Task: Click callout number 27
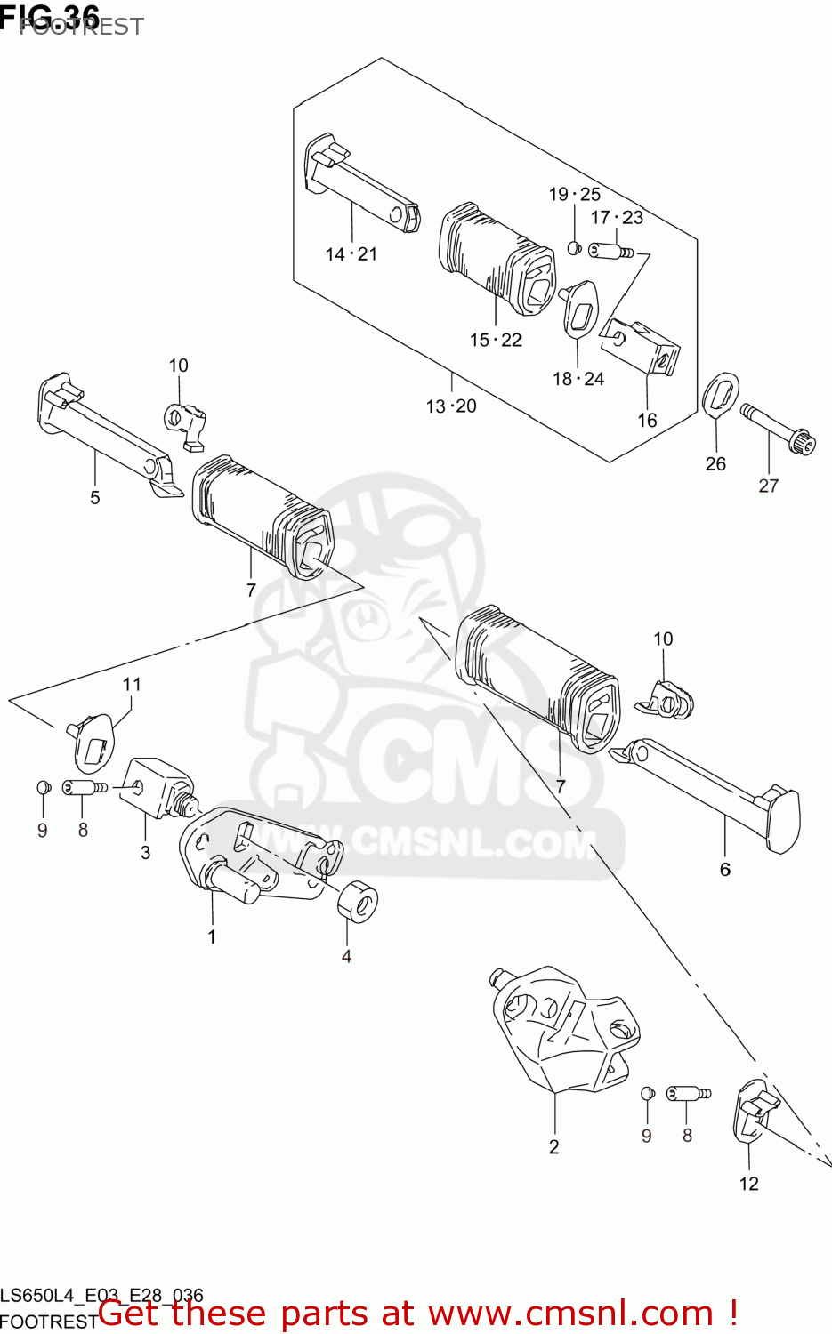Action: (x=768, y=486)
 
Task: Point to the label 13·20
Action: (x=451, y=406)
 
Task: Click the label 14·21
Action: (x=351, y=254)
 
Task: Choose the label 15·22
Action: (x=496, y=340)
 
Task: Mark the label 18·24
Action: (x=578, y=379)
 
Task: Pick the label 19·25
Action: (x=574, y=194)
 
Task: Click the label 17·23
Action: (x=617, y=217)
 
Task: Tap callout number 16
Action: (x=647, y=420)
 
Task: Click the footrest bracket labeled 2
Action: (x=561, y=1032)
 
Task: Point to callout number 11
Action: (x=132, y=684)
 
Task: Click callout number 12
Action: (x=748, y=1184)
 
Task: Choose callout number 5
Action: (x=95, y=497)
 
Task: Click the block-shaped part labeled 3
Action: (x=153, y=786)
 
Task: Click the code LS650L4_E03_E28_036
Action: (x=102, y=1296)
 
